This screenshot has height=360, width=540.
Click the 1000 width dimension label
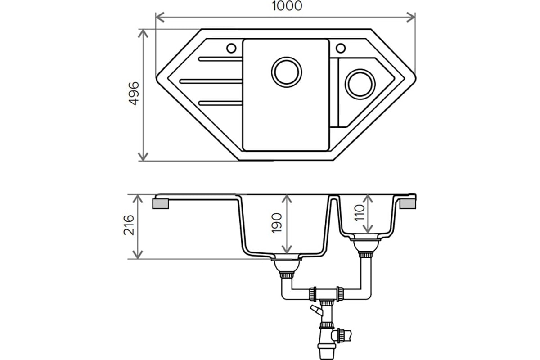tap(287, 6)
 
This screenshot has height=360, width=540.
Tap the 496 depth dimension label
tap(134, 94)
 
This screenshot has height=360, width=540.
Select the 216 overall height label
tap(129, 225)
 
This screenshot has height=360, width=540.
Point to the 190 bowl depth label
tap(276, 223)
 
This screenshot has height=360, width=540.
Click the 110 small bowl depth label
tap(359, 212)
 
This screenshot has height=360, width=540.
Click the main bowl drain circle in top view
tap(287, 72)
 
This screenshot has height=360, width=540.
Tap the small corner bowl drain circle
tap(360, 84)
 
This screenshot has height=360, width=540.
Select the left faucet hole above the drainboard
tap(231, 49)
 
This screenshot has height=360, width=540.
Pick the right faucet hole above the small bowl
tap(341, 48)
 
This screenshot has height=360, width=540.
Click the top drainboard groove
tap(220, 59)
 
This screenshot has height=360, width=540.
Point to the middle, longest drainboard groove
tap(211, 81)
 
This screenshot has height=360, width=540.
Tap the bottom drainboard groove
tap(220, 103)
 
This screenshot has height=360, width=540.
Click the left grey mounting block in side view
tap(161, 203)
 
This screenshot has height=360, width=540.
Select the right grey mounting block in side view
tap(408, 203)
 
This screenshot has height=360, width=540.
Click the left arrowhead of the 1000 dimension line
tap(160, 18)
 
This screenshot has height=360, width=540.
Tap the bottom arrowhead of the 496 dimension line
tap(143, 156)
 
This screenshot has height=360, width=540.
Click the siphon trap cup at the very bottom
tap(326, 351)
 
